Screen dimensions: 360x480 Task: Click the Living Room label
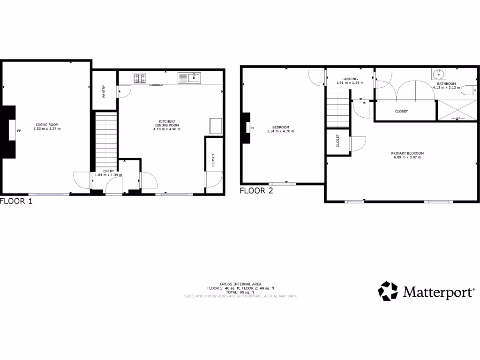(x=47, y=125)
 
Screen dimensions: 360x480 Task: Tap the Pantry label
(x=104, y=90)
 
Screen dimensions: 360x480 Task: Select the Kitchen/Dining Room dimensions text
(x=166, y=129)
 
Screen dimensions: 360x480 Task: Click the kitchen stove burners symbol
(x=140, y=78)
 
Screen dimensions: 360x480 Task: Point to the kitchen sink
(x=189, y=78)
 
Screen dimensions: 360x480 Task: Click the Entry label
(x=102, y=171)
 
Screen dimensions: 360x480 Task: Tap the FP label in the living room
(x=19, y=131)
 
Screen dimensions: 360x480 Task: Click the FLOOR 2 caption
(x=256, y=191)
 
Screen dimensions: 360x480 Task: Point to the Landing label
(x=350, y=79)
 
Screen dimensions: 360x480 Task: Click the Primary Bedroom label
(x=407, y=153)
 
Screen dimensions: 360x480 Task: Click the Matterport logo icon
(x=388, y=291)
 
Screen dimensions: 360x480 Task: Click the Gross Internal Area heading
(x=241, y=285)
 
